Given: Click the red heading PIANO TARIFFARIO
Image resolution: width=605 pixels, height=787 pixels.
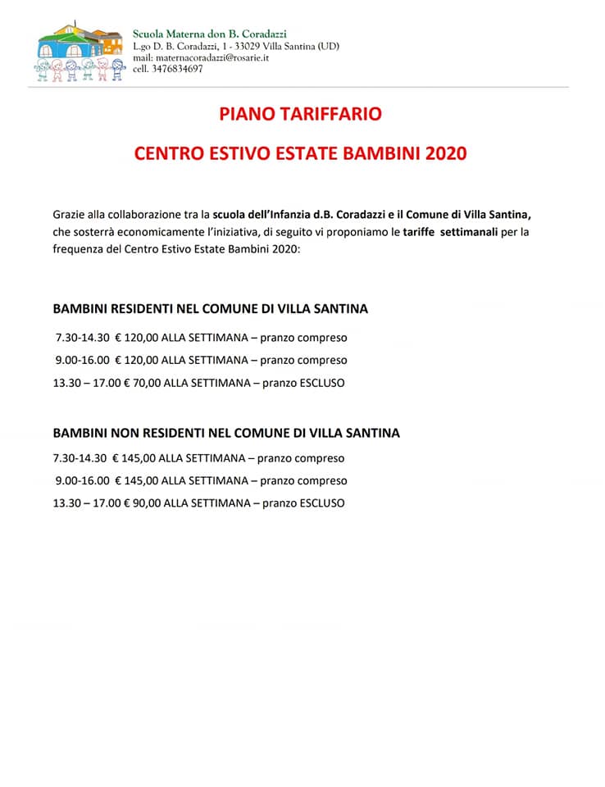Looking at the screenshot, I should [x=300, y=114].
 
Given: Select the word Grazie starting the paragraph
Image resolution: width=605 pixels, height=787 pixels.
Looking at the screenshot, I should [x=70, y=214].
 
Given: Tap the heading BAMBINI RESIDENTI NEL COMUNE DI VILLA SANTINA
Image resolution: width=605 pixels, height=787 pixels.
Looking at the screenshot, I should [x=210, y=309].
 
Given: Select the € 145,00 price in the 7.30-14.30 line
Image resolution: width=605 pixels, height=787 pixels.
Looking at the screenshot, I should [x=134, y=458].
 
